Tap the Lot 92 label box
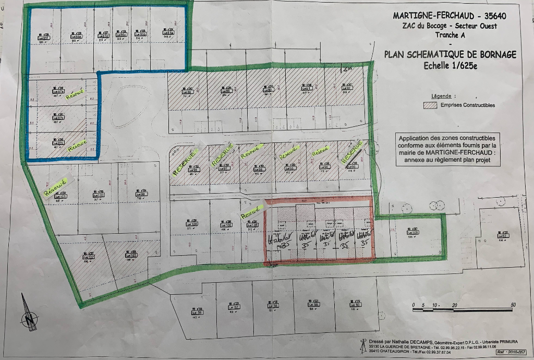347,88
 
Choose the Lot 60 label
357,305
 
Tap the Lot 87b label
59,118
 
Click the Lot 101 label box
62,196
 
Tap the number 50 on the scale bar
513,305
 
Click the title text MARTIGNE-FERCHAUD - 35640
449,15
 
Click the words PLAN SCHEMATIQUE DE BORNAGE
450,54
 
